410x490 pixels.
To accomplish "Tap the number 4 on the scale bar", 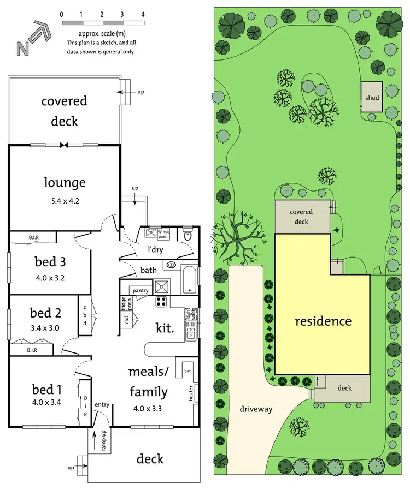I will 143,14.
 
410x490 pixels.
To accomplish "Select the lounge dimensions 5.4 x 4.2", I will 65,200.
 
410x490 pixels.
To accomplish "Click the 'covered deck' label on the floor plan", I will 65,111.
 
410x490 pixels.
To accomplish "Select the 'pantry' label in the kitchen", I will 140,291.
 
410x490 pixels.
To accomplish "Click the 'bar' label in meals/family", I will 188,371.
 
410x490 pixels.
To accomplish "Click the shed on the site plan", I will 372,98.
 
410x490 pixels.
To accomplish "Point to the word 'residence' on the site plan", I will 323,321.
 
